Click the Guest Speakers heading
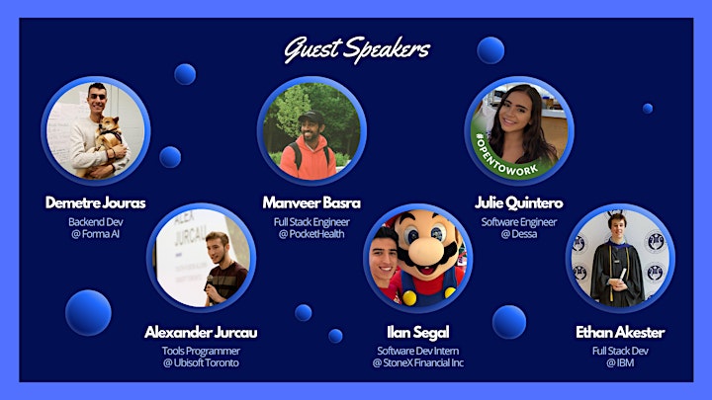357,50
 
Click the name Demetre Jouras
95,202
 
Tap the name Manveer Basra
311,202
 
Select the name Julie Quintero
519,202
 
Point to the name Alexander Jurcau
201,333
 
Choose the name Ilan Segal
418,333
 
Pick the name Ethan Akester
620,333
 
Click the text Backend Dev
95,222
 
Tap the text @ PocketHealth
311,234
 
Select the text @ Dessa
519,234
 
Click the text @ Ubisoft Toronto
201,362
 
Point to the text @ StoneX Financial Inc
418,362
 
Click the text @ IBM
620,362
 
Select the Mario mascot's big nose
425,250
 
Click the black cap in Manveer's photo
311,118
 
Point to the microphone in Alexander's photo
210,281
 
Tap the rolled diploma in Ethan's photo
622,276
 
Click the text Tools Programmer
201,351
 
